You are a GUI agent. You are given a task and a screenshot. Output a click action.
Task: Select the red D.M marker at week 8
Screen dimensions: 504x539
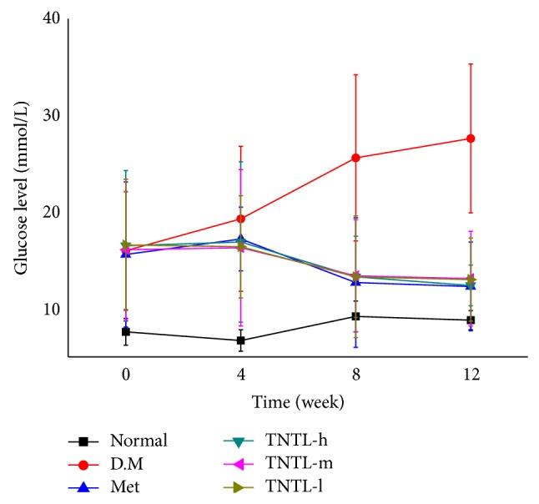(355, 158)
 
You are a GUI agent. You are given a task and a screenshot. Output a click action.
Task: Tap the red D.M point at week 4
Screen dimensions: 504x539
(241, 219)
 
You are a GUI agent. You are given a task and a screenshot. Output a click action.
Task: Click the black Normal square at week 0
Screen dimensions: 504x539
(126, 331)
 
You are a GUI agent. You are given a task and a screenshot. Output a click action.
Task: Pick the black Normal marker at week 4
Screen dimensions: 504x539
(241, 340)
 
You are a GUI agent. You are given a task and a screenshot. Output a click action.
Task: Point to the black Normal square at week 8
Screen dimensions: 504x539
(355, 316)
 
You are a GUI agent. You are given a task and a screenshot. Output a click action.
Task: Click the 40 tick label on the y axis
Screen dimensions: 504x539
(51, 18)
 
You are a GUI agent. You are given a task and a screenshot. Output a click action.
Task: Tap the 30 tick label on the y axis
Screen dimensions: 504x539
(51, 115)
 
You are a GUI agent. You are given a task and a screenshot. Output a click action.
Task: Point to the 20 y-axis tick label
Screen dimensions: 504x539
(51, 212)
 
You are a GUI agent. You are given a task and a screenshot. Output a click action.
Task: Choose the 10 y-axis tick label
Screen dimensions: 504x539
(51, 309)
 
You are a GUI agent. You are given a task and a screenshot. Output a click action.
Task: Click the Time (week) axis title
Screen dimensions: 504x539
(298, 402)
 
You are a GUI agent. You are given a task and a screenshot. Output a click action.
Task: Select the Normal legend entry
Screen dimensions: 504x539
(139, 441)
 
